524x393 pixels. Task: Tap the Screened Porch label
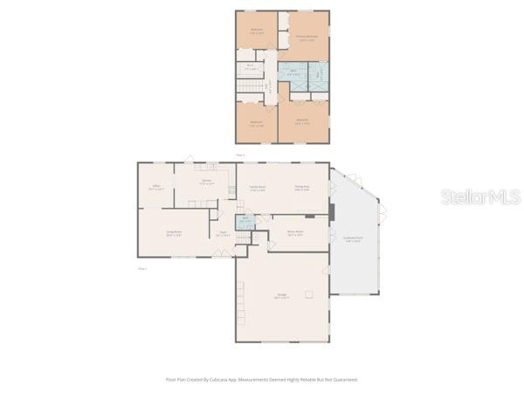point(353,239)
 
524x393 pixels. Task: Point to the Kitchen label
point(206,184)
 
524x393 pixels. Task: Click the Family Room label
point(257,190)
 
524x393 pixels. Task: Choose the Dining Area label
point(302,190)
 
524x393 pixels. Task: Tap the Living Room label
point(174,233)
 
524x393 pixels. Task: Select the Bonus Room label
point(295,233)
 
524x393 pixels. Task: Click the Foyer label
point(223,234)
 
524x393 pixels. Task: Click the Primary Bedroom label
point(305,38)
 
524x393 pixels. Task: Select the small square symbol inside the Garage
point(307,294)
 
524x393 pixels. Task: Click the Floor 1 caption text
point(142,269)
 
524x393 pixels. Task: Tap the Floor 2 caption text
point(240,155)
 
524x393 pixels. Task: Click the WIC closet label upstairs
point(250,65)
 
